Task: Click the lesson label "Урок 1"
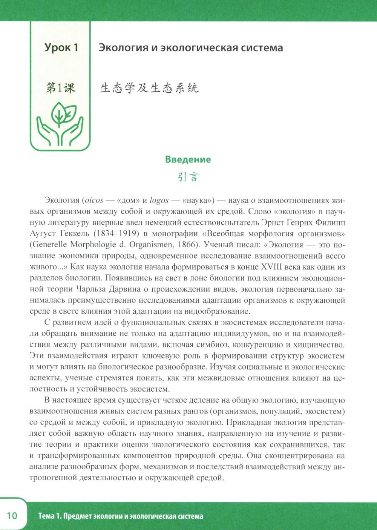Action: [x=61, y=48]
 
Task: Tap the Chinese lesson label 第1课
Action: [x=60, y=88]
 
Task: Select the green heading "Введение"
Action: [x=188, y=159]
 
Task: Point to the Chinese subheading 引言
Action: [x=188, y=177]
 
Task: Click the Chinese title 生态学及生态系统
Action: [x=149, y=88]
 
